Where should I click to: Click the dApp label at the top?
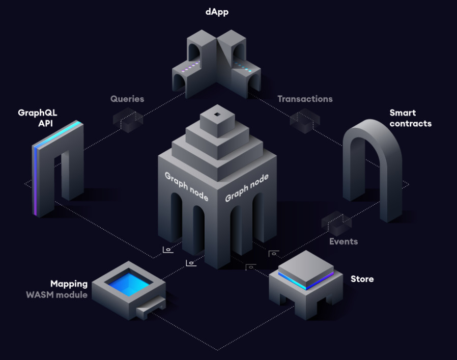(217, 12)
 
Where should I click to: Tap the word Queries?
(127, 99)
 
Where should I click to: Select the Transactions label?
(305, 99)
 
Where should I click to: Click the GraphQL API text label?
(37, 118)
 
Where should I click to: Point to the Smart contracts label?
(410, 118)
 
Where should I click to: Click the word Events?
(344, 241)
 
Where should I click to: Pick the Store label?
(362, 279)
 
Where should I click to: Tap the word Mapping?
(69, 284)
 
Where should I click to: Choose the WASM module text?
(56, 295)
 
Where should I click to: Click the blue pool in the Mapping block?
(129, 283)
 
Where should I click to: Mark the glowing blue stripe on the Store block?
(306, 281)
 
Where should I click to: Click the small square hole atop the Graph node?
(217, 115)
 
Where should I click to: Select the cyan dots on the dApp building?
(242, 67)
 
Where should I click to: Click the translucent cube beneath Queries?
(128, 120)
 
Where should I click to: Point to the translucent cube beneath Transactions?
(305, 121)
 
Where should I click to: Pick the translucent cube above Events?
(336, 224)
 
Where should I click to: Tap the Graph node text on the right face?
(247, 187)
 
